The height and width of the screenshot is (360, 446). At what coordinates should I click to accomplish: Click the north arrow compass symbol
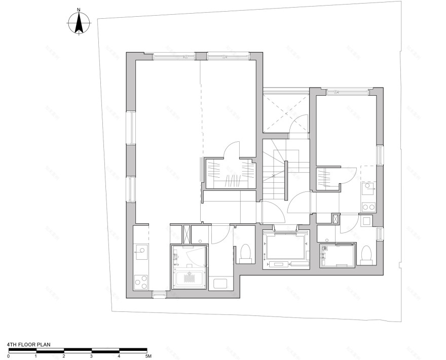(x=79, y=24)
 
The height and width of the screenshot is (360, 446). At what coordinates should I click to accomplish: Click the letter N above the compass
(x=79, y=10)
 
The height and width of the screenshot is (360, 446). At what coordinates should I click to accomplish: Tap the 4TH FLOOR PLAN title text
(x=29, y=344)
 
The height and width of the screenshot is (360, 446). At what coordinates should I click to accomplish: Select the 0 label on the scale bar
(x=9, y=356)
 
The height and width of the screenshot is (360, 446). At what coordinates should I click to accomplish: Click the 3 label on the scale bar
(x=91, y=356)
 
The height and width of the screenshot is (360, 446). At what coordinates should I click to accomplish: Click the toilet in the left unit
(x=245, y=252)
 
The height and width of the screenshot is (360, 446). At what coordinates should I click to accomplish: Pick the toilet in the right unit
(x=366, y=254)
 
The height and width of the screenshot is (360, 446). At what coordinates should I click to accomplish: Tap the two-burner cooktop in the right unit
(x=368, y=206)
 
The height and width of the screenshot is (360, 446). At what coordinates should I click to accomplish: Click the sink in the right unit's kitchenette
(x=368, y=188)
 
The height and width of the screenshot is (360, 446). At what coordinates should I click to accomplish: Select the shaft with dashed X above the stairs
(x=286, y=112)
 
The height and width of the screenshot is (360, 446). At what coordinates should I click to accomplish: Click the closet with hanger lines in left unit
(x=229, y=174)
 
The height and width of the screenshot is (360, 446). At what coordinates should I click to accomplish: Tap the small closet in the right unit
(x=327, y=178)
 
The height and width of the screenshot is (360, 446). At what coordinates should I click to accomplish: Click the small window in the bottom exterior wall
(x=159, y=294)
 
